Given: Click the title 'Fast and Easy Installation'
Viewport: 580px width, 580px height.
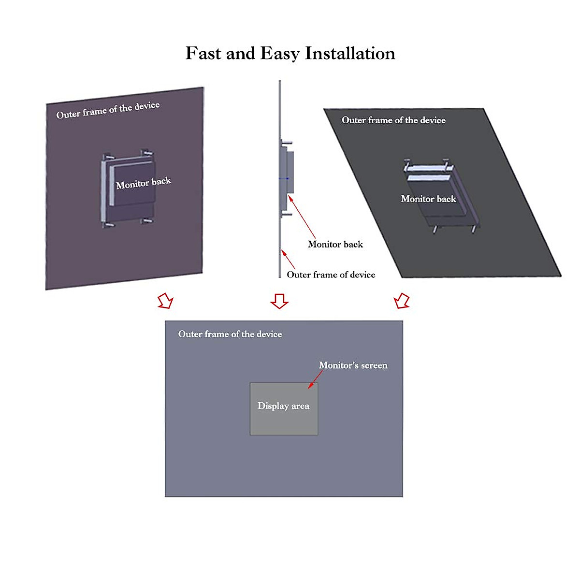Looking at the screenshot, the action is coord(290,53).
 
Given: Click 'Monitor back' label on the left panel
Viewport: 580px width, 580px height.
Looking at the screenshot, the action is coord(144,183).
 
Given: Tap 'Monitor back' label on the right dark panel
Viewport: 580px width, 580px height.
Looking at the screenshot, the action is coord(428,199).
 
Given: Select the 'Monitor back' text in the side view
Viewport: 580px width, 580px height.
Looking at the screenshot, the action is coord(335,244).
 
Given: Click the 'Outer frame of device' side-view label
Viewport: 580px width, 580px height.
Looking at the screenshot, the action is coord(331,275).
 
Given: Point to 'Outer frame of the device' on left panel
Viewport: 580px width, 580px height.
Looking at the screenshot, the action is coord(108,110).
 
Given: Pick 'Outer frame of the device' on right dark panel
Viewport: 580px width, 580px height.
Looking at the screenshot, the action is coord(393,120).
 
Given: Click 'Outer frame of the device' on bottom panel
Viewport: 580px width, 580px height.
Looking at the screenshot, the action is coord(230,334).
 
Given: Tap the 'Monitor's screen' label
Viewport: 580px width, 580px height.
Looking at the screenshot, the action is coord(353,365).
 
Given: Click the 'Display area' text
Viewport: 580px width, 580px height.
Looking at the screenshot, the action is coord(283,406).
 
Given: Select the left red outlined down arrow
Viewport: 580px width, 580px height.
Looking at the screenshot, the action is coord(165,301).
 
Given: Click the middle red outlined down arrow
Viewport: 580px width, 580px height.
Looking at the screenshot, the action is coord(279,301).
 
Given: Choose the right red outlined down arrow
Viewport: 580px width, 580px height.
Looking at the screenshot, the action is coord(402,301).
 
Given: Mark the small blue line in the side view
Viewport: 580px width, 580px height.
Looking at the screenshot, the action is coord(284,178).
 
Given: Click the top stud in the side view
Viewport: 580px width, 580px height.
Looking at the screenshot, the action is coord(287,142).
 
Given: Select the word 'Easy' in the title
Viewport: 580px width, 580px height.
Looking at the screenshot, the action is coord(280,53).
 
